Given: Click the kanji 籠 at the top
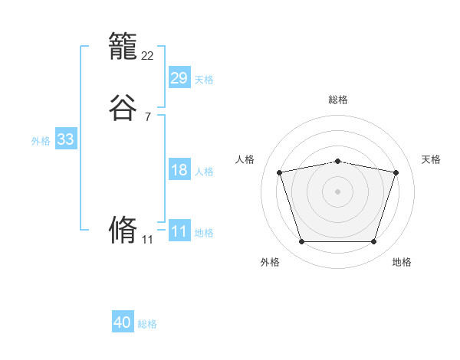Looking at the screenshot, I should [x=123, y=50].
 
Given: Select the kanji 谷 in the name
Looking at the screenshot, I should [x=123, y=108].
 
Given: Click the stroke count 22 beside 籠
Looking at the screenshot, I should [x=148, y=56].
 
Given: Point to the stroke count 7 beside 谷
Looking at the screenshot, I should [x=148, y=117].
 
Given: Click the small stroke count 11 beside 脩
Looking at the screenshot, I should [x=148, y=240].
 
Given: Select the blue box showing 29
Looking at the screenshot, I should [x=179, y=77].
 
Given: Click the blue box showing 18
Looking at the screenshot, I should [x=179, y=170].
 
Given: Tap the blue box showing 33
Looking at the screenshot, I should [x=65, y=139].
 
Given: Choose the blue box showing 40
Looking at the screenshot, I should [x=123, y=322].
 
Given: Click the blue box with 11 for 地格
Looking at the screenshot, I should [x=179, y=231].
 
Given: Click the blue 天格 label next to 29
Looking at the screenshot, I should [x=204, y=79].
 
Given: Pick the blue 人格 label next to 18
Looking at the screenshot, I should [x=204, y=172].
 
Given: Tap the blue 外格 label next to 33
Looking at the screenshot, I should [x=41, y=141].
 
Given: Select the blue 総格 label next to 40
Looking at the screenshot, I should [x=147, y=324].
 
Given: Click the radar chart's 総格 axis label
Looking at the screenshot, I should [x=338, y=100].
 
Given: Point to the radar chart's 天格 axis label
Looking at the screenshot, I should [x=431, y=159].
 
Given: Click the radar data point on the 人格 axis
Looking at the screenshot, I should [x=279, y=172].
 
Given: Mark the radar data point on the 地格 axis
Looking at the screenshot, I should [x=373, y=242].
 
